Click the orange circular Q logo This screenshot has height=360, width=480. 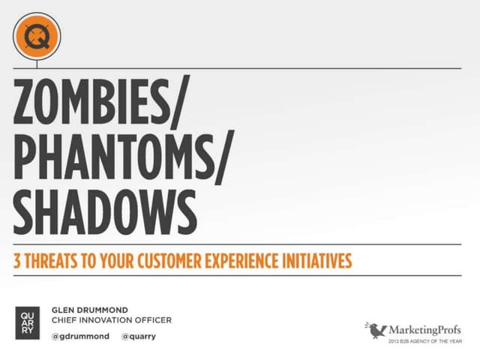click(37, 35)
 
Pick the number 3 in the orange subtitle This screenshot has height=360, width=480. click(17, 262)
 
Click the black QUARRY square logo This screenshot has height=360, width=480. click(27, 321)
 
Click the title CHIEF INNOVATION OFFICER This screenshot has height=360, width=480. click(111, 320)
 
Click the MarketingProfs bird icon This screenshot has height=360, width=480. click(376, 329)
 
